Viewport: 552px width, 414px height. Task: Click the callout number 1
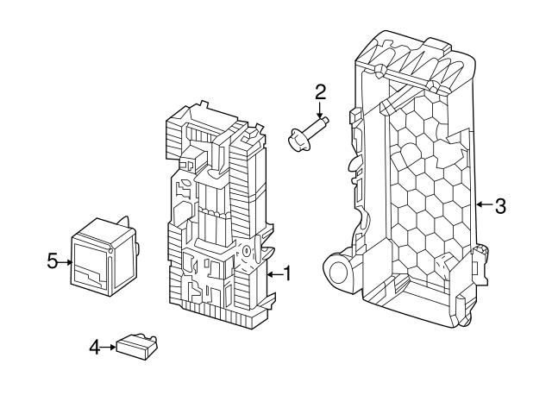[x=287, y=273]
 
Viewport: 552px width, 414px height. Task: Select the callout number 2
[x=320, y=92]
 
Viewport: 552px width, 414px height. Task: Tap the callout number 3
[x=500, y=206]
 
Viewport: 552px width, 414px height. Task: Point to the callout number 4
[x=95, y=348]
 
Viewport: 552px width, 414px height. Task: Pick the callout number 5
[x=52, y=261]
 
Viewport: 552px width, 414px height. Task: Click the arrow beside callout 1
[x=274, y=274]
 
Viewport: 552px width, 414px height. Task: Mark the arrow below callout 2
[x=320, y=110]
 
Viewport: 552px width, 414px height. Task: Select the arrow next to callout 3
[x=485, y=204]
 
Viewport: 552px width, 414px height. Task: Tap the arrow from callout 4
[x=108, y=347]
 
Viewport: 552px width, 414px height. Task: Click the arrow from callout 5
[x=66, y=262]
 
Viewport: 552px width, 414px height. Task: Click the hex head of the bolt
[x=296, y=140]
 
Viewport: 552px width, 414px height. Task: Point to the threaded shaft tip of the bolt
[x=325, y=121]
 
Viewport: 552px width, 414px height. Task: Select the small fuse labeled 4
[x=136, y=347]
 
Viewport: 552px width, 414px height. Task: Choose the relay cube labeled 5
[x=103, y=256]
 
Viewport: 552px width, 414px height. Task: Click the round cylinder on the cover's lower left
[x=338, y=270]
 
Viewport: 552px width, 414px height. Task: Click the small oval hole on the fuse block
[x=247, y=251]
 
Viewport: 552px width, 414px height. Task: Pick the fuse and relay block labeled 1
[x=219, y=215]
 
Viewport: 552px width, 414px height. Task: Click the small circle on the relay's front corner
[x=110, y=251]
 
